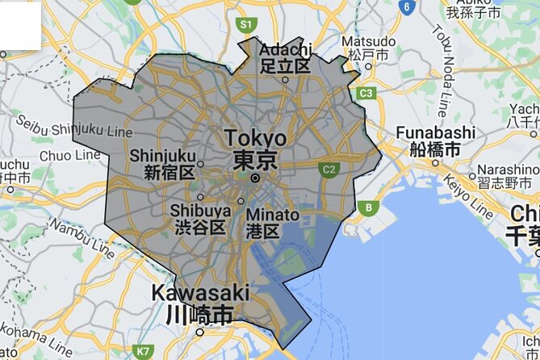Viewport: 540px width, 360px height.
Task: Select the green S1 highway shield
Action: pos(246,25)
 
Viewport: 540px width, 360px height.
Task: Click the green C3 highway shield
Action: pos(366,94)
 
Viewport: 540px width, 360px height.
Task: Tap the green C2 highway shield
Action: pos(328,170)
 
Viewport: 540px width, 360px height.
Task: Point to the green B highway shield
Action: pos(369,207)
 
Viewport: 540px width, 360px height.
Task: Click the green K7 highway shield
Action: pos(144,351)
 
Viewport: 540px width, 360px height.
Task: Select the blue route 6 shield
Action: pos(408,7)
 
